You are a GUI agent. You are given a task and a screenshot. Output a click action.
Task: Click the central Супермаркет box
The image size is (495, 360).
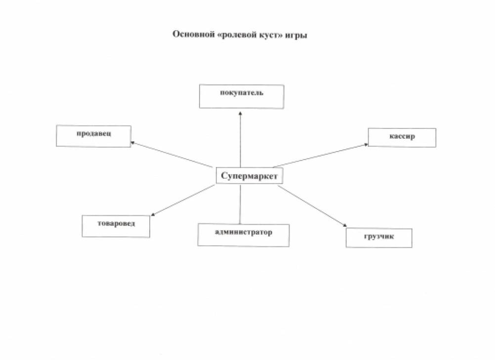click(x=250, y=176)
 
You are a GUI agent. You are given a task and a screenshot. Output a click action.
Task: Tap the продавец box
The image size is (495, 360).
click(x=93, y=136)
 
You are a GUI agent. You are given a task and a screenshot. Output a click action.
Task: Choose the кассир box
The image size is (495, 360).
click(x=402, y=137)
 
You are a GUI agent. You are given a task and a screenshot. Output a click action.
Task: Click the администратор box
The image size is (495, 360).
click(x=243, y=235)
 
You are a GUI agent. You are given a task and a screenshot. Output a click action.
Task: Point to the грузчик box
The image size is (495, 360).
click(x=378, y=238)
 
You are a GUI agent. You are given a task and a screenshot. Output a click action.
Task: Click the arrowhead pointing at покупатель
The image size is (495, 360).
click(x=240, y=112)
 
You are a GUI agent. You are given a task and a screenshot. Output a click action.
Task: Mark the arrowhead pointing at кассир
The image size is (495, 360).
click(x=366, y=145)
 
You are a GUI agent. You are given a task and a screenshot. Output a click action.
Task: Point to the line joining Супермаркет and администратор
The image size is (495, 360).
click(x=240, y=203)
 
